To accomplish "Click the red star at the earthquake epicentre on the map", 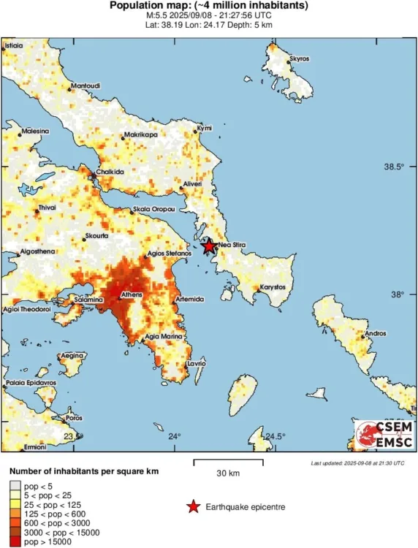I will [208, 246].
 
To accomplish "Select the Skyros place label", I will [300, 58].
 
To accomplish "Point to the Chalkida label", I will [110, 172].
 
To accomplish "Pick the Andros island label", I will [375, 334].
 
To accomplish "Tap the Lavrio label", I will [197, 363].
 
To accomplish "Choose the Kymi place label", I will [205, 129].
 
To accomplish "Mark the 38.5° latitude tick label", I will [394, 167].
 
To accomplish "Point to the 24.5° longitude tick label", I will [275, 437].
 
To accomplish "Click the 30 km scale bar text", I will [229, 473].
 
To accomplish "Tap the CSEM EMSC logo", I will [383, 439].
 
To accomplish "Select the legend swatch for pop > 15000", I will [15, 541].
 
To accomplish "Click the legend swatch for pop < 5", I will [15, 486].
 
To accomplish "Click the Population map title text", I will [208, 6].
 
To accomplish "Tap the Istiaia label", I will [14, 45].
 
